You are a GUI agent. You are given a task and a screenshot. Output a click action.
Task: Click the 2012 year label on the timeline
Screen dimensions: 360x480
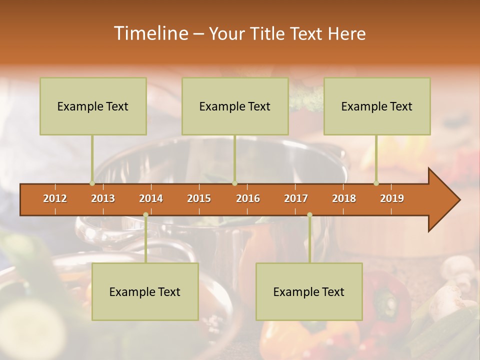tap(55, 198)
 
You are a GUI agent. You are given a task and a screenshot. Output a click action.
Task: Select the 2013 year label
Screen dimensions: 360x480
tap(103, 198)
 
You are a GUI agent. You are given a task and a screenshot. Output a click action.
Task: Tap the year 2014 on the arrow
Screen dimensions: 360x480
tap(151, 198)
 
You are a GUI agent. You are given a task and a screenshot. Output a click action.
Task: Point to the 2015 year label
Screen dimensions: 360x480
tap(199, 198)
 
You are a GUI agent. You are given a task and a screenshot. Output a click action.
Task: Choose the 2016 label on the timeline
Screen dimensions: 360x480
tap(248, 198)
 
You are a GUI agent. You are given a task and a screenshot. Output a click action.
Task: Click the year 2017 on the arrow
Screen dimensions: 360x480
tap(296, 198)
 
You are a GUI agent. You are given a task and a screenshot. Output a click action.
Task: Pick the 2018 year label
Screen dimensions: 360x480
tap(344, 198)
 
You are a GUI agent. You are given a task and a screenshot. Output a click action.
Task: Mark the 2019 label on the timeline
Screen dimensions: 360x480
tap(392, 198)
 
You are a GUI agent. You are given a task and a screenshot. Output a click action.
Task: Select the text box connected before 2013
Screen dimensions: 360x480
tap(93, 106)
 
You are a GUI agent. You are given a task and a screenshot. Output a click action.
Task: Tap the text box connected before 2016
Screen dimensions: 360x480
tap(235, 106)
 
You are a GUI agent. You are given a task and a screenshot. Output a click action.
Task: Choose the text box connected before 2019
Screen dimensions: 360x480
tap(377, 106)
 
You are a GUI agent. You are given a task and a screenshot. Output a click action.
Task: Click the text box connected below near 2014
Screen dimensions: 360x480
tap(145, 291)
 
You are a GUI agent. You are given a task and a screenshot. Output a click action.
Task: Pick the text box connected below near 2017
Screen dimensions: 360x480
tap(309, 291)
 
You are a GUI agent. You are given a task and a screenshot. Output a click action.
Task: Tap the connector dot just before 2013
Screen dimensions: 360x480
tap(92, 183)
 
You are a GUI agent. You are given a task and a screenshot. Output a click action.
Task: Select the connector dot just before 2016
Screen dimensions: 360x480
tap(234, 183)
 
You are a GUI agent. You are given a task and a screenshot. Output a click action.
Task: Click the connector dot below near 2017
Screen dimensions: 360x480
tap(309, 215)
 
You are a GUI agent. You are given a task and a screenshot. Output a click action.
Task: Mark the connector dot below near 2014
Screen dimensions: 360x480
tap(145, 215)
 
